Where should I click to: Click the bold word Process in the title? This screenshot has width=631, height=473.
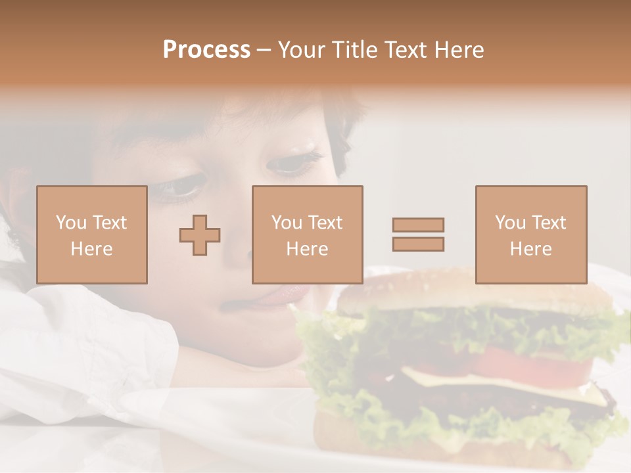206,50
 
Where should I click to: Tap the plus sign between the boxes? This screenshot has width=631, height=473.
200,235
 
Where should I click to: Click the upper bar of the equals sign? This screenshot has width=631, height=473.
418,225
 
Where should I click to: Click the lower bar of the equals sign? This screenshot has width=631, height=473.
418,244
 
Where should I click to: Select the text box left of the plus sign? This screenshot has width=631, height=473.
91,235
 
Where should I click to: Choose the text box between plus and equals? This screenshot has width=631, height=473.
307,235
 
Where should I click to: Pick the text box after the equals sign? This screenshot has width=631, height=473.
530,235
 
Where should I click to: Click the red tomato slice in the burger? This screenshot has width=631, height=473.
526,361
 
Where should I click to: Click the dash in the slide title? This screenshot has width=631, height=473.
264,51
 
